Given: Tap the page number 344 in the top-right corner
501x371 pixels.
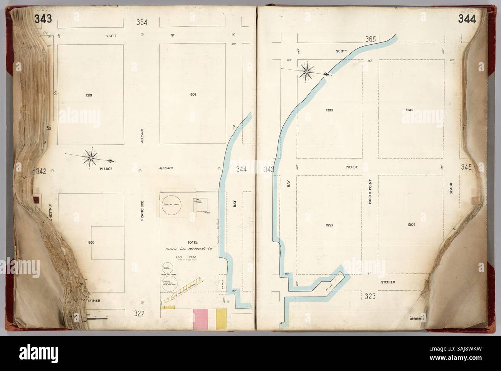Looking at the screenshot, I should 467,19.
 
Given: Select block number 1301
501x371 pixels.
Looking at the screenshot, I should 90,94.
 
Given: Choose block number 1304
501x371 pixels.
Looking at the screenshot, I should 410,110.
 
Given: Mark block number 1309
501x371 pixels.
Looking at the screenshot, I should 410,224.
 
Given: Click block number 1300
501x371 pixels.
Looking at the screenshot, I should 91,243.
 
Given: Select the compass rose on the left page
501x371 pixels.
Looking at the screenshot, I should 91,157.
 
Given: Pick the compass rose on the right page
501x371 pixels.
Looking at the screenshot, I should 307,70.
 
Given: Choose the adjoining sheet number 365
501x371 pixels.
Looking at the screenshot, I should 370,39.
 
